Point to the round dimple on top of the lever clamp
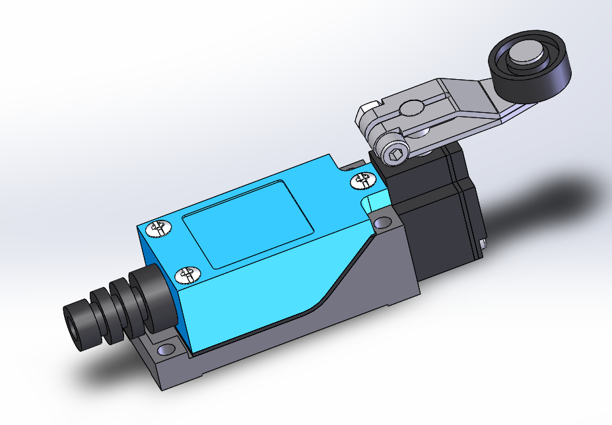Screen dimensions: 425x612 (414, 107)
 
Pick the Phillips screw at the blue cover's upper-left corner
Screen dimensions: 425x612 (158, 228)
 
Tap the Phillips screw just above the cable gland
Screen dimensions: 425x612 (187, 274)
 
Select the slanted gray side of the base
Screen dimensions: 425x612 (357, 290)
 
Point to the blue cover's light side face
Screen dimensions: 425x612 (264, 297)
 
